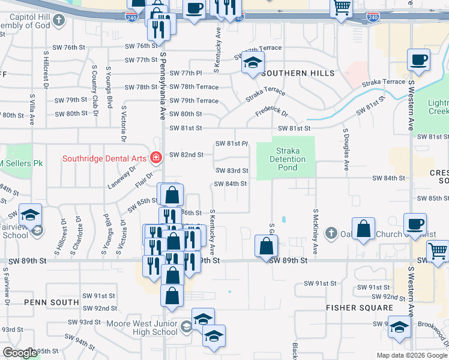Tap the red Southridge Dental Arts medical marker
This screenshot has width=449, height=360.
click(x=156, y=158)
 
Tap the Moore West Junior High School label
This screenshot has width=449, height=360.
click(x=142, y=328)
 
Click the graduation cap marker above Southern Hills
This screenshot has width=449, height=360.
click(x=253, y=62)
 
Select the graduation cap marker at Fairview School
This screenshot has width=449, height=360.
click(x=29, y=215)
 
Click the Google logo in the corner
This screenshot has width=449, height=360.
click(x=20, y=352)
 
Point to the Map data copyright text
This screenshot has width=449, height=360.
click(x=412, y=355)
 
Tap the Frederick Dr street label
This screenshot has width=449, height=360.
click(x=271, y=112)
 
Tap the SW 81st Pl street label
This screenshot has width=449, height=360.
click(x=232, y=143)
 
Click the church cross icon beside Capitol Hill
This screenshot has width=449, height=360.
click(x=58, y=20)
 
